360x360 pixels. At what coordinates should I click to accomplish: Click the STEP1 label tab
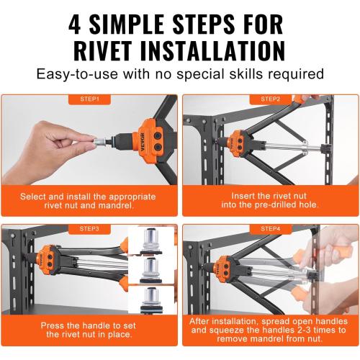89,99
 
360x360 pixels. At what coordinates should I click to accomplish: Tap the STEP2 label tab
271,99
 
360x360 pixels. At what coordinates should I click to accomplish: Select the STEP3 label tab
89,229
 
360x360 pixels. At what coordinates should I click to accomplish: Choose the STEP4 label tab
271,229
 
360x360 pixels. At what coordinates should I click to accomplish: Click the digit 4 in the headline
75,24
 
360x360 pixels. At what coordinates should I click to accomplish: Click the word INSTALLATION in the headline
212,51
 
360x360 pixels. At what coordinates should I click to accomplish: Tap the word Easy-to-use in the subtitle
77,74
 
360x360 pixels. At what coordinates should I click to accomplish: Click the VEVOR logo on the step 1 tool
143,142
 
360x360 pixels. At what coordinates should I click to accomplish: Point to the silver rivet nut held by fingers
99,141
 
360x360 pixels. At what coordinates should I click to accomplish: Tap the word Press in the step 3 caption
53,325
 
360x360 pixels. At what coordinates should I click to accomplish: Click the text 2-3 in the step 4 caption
304,330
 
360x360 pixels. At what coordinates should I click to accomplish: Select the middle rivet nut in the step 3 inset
150,271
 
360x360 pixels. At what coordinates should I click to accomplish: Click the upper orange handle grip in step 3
125,245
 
